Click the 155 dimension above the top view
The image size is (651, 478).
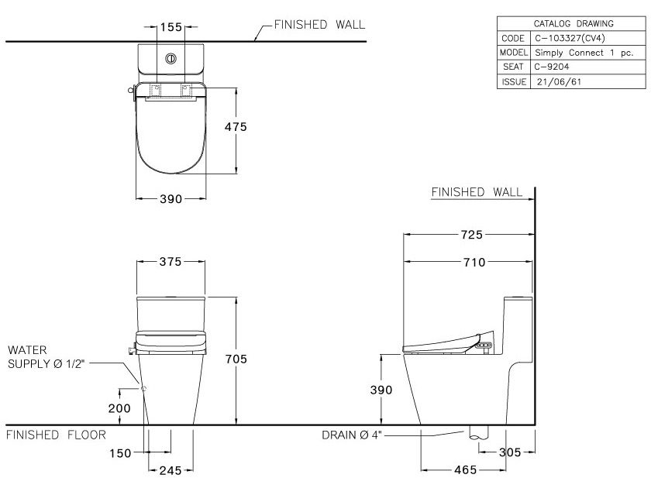point(170,27)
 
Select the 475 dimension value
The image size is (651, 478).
point(236,127)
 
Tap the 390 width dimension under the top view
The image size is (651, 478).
point(170,199)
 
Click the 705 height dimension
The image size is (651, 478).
point(236,359)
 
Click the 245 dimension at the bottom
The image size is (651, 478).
point(170,469)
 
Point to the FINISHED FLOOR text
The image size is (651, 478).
point(55,435)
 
